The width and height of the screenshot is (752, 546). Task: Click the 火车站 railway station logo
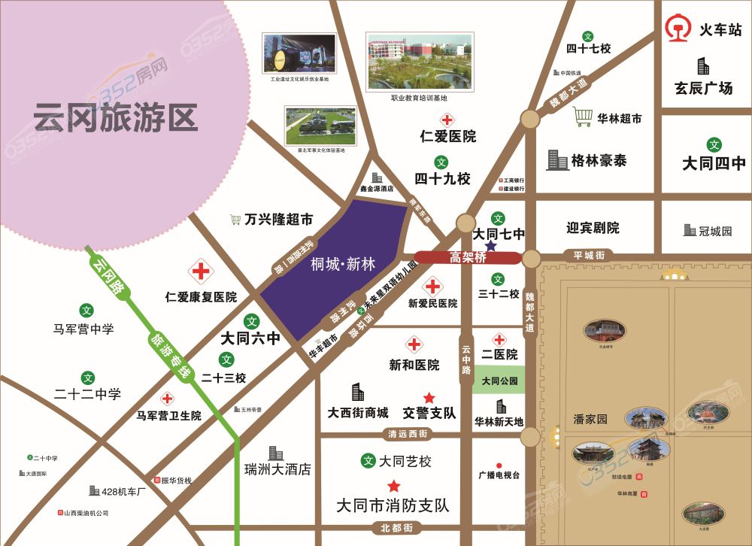(x=679, y=29)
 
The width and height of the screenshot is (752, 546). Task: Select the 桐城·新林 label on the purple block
(x=343, y=263)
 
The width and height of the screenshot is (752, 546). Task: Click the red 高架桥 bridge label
(x=468, y=257)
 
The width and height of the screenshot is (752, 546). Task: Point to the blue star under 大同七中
(x=491, y=246)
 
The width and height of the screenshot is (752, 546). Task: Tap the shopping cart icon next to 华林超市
(x=583, y=117)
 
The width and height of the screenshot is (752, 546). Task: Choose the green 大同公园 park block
(x=499, y=381)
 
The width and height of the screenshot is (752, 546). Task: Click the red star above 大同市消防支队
(x=393, y=486)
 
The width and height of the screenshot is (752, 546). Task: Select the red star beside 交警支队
(x=429, y=397)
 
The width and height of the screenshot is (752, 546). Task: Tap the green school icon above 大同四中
(x=714, y=144)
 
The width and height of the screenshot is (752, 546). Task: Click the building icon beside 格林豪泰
(x=557, y=159)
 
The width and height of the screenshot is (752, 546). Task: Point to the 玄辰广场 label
(x=703, y=88)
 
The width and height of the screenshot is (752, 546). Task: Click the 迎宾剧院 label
(x=593, y=227)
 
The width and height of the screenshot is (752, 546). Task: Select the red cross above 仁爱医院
(x=447, y=120)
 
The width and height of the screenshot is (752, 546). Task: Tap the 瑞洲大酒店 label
(x=277, y=469)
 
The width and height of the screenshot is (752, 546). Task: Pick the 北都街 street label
(x=397, y=528)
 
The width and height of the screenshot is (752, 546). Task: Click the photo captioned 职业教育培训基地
(x=420, y=62)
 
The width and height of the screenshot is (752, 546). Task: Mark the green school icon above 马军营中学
(x=87, y=309)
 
